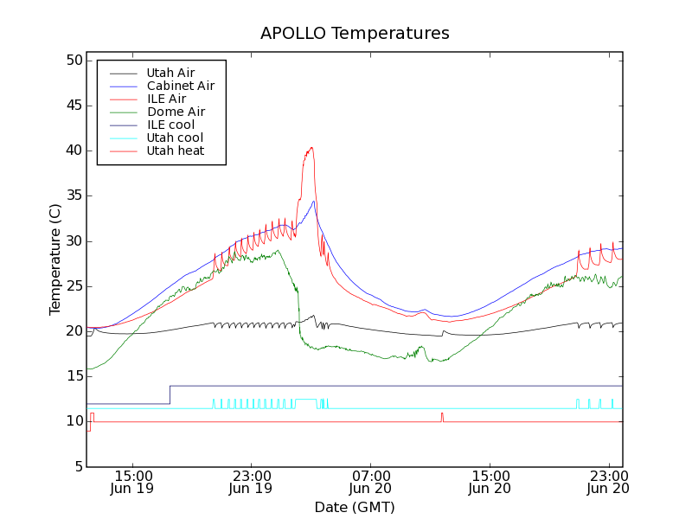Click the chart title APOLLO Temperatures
click(x=355, y=34)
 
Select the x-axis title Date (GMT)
click(x=355, y=507)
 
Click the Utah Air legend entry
click(x=170, y=73)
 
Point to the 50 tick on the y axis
click(x=73, y=61)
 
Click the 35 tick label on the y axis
click(x=73, y=195)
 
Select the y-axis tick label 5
click(x=77, y=466)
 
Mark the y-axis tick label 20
click(x=73, y=331)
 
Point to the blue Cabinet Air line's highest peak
click(x=314, y=202)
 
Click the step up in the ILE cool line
click(x=170, y=394)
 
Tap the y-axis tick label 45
click(x=73, y=106)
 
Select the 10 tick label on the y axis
click(x=73, y=421)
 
